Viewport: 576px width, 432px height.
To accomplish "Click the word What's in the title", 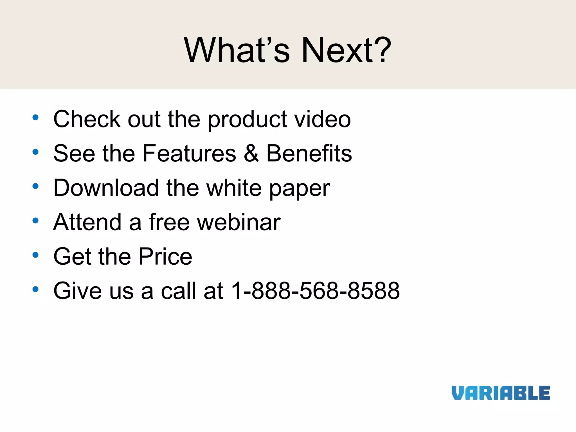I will click(237, 51).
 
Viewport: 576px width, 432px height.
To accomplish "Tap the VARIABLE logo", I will click(501, 393).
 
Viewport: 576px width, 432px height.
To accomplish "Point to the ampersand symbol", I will click(251, 154).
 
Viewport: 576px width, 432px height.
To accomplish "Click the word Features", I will click(189, 154).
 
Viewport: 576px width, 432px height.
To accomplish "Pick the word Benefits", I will click(309, 154).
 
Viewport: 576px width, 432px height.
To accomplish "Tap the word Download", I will click(106, 188).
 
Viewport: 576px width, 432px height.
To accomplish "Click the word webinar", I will click(239, 222).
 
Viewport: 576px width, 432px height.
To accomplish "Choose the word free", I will click(169, 222).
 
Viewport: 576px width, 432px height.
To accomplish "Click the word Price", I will click(165, 256).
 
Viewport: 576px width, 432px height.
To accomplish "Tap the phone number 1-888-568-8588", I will click(315, 291).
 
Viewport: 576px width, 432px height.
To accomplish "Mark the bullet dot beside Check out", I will click(35, 118).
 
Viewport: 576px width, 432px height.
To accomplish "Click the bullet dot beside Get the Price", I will click(35, 255).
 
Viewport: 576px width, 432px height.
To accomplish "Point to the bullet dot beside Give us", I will click(35, 289).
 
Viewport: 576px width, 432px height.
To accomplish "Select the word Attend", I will click(87, 222).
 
